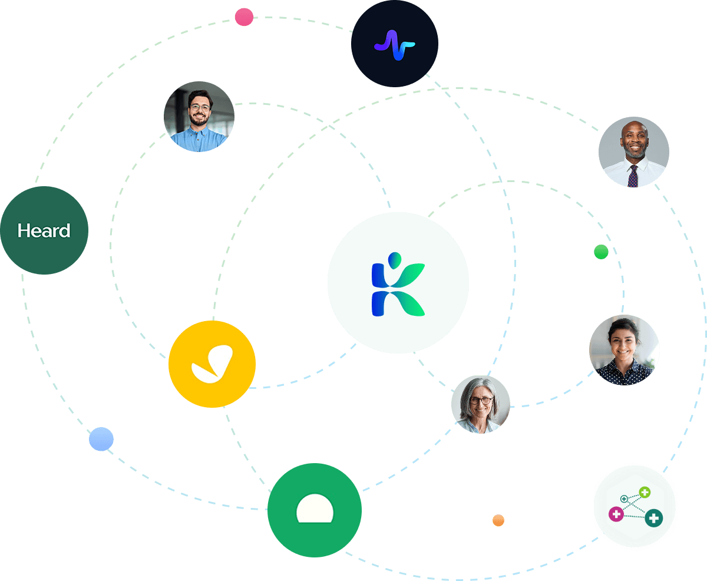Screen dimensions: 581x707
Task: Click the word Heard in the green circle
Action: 44,230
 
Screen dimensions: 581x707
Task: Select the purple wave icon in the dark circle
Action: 394,44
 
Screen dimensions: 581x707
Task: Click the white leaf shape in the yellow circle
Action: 212,365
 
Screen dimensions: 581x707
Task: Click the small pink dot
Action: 244,17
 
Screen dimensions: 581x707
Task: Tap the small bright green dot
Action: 601,252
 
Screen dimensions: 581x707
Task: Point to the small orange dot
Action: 498,520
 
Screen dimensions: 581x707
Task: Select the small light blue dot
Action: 101,439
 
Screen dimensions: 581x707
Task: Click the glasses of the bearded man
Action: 199,108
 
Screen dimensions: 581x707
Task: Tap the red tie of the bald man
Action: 633,176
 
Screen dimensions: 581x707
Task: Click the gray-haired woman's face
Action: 481,402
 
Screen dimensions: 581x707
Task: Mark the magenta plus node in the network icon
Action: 616,514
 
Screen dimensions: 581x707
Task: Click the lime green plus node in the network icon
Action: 645,492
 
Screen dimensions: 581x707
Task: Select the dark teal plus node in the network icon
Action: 653,519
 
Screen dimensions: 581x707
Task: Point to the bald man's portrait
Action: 634,152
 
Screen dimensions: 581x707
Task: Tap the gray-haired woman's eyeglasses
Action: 481,401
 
